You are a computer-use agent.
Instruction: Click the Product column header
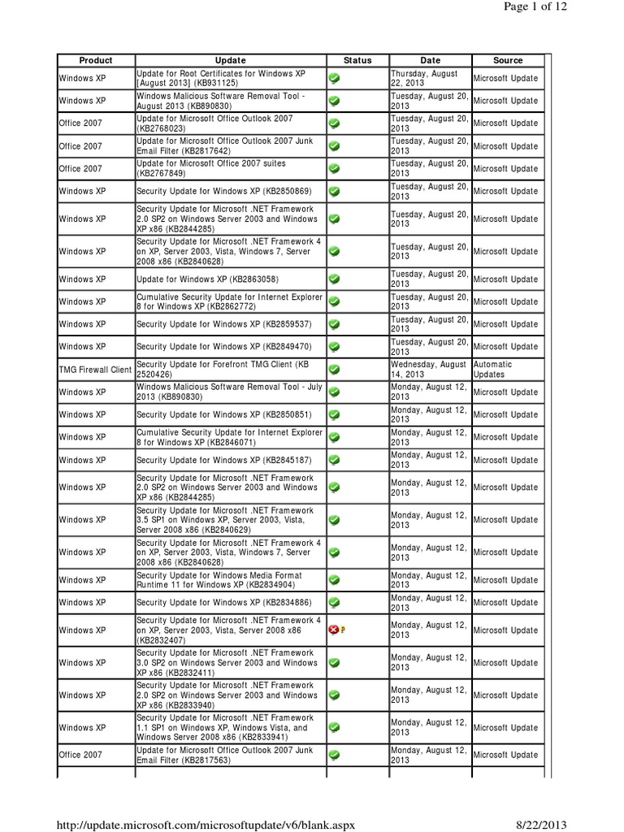coord(95,60)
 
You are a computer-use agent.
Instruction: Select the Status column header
coord(357,60)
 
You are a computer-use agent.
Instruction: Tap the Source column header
coord(508,60)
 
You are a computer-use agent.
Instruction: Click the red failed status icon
coord(334,630)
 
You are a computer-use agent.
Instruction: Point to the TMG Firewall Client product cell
coord(95,370)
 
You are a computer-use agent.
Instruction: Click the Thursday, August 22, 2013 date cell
coord(429,78)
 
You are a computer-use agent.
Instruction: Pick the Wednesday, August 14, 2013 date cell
coord(429,370)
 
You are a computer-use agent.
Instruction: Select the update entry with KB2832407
coord(228,630)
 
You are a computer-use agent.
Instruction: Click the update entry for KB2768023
coord(214,123)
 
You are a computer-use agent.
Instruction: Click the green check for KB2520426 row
coord(334,370)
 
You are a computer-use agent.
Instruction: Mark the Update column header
coord(232,60)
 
